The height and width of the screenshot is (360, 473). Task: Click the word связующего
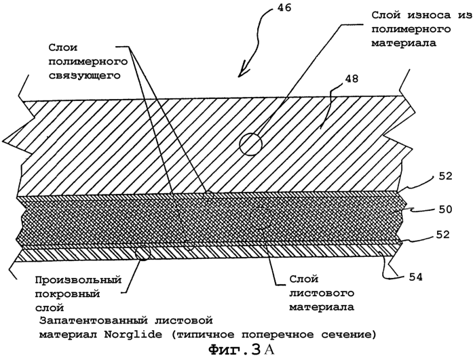pos(78,77)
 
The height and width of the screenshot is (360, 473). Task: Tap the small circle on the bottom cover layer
pos(143,254)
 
